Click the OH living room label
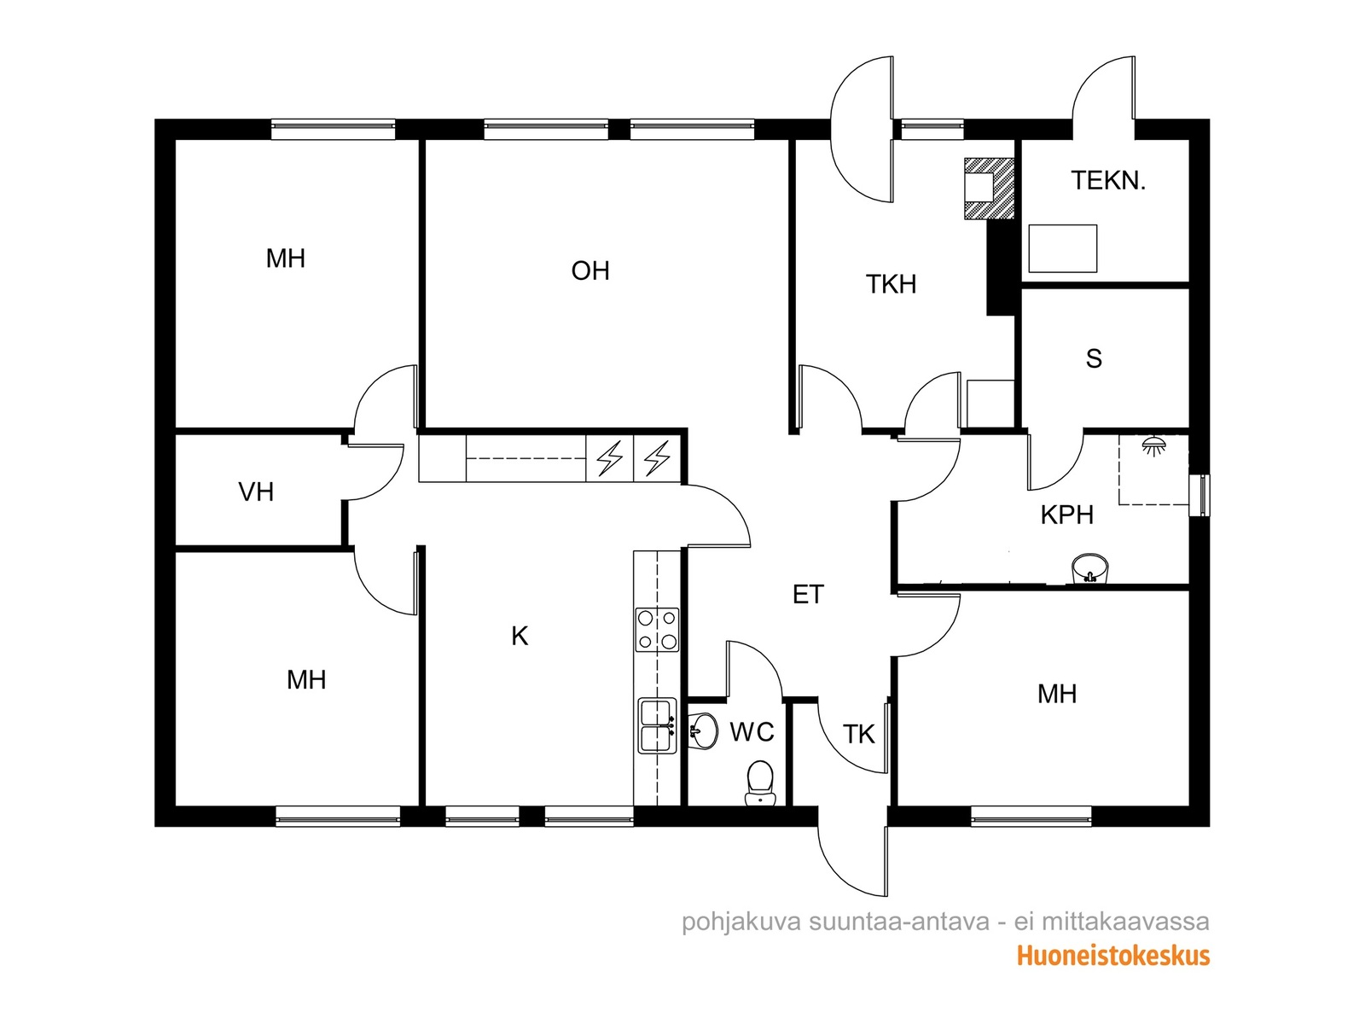click(x=590, y=271)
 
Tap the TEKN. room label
click(x=1107, y=180)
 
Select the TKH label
click(x=891, y=284)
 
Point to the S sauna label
click(x=1093, y=358)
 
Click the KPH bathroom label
click(x=1066, y=515)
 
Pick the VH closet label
click(x=256, y=492)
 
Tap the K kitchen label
click(x=520, y=636)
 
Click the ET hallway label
click(x=808, y=595)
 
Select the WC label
click(x=752, y=732)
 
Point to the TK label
click(x=859, y=734)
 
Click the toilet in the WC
click(x=759, y=783)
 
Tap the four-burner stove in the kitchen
click(x=657, y=629)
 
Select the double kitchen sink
click(x=657, y=725)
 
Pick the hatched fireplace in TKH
click(x=989, y=189)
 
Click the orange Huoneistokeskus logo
click(x=1112, y=955)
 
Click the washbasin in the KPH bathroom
click(x=1089, y=569)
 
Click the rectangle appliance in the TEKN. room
click(x=1063, y=248)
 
